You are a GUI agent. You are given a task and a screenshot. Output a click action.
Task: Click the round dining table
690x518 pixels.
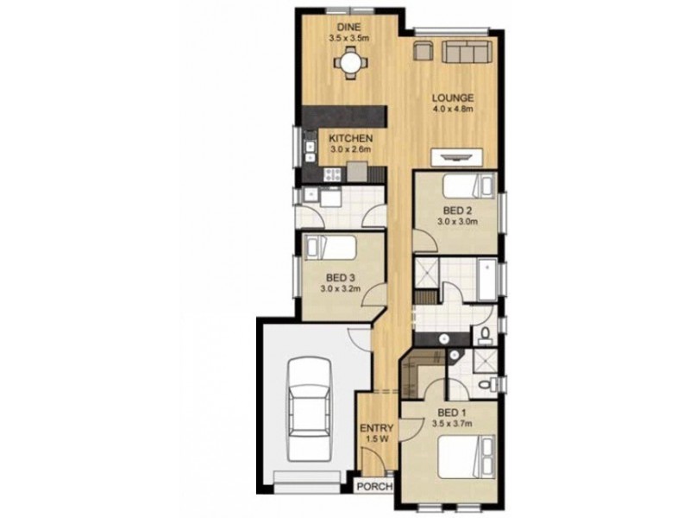coord(349,61)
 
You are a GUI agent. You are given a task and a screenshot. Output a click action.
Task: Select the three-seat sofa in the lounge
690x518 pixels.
coord(465,53)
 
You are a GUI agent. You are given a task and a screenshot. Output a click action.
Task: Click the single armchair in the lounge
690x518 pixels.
coord(423,53)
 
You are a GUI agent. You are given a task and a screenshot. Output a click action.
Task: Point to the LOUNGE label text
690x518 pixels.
coord(455,98)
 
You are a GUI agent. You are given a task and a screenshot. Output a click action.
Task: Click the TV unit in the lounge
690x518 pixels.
coord(454,156)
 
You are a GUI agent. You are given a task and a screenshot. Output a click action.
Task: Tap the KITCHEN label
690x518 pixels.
coord(350,138)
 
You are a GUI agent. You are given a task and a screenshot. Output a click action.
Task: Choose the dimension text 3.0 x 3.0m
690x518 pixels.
coord(457,221)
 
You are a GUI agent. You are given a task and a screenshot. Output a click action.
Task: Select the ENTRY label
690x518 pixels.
coord(378,428)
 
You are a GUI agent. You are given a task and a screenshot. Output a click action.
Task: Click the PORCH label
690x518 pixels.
coord(374,487)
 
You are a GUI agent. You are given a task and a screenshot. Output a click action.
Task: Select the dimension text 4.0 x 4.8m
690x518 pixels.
coord(455,110)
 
